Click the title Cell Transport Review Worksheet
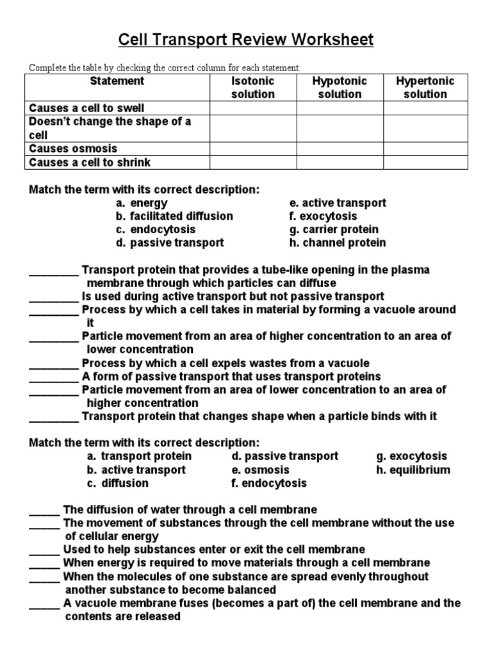click(246, 40)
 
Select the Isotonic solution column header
click(252, 88)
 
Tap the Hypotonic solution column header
click(340, 88)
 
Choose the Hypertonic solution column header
click(425, 88)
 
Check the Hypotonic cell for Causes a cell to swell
click(340, 108)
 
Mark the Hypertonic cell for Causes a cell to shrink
click(425, 162)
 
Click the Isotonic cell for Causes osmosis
click(252, 149)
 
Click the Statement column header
click(117, 81)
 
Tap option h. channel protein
click(338, 243)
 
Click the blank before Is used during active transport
click(54, 297)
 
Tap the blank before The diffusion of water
click(45, 510)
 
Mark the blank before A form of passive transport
click(54, 377)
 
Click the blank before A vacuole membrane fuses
click(45, 603)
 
